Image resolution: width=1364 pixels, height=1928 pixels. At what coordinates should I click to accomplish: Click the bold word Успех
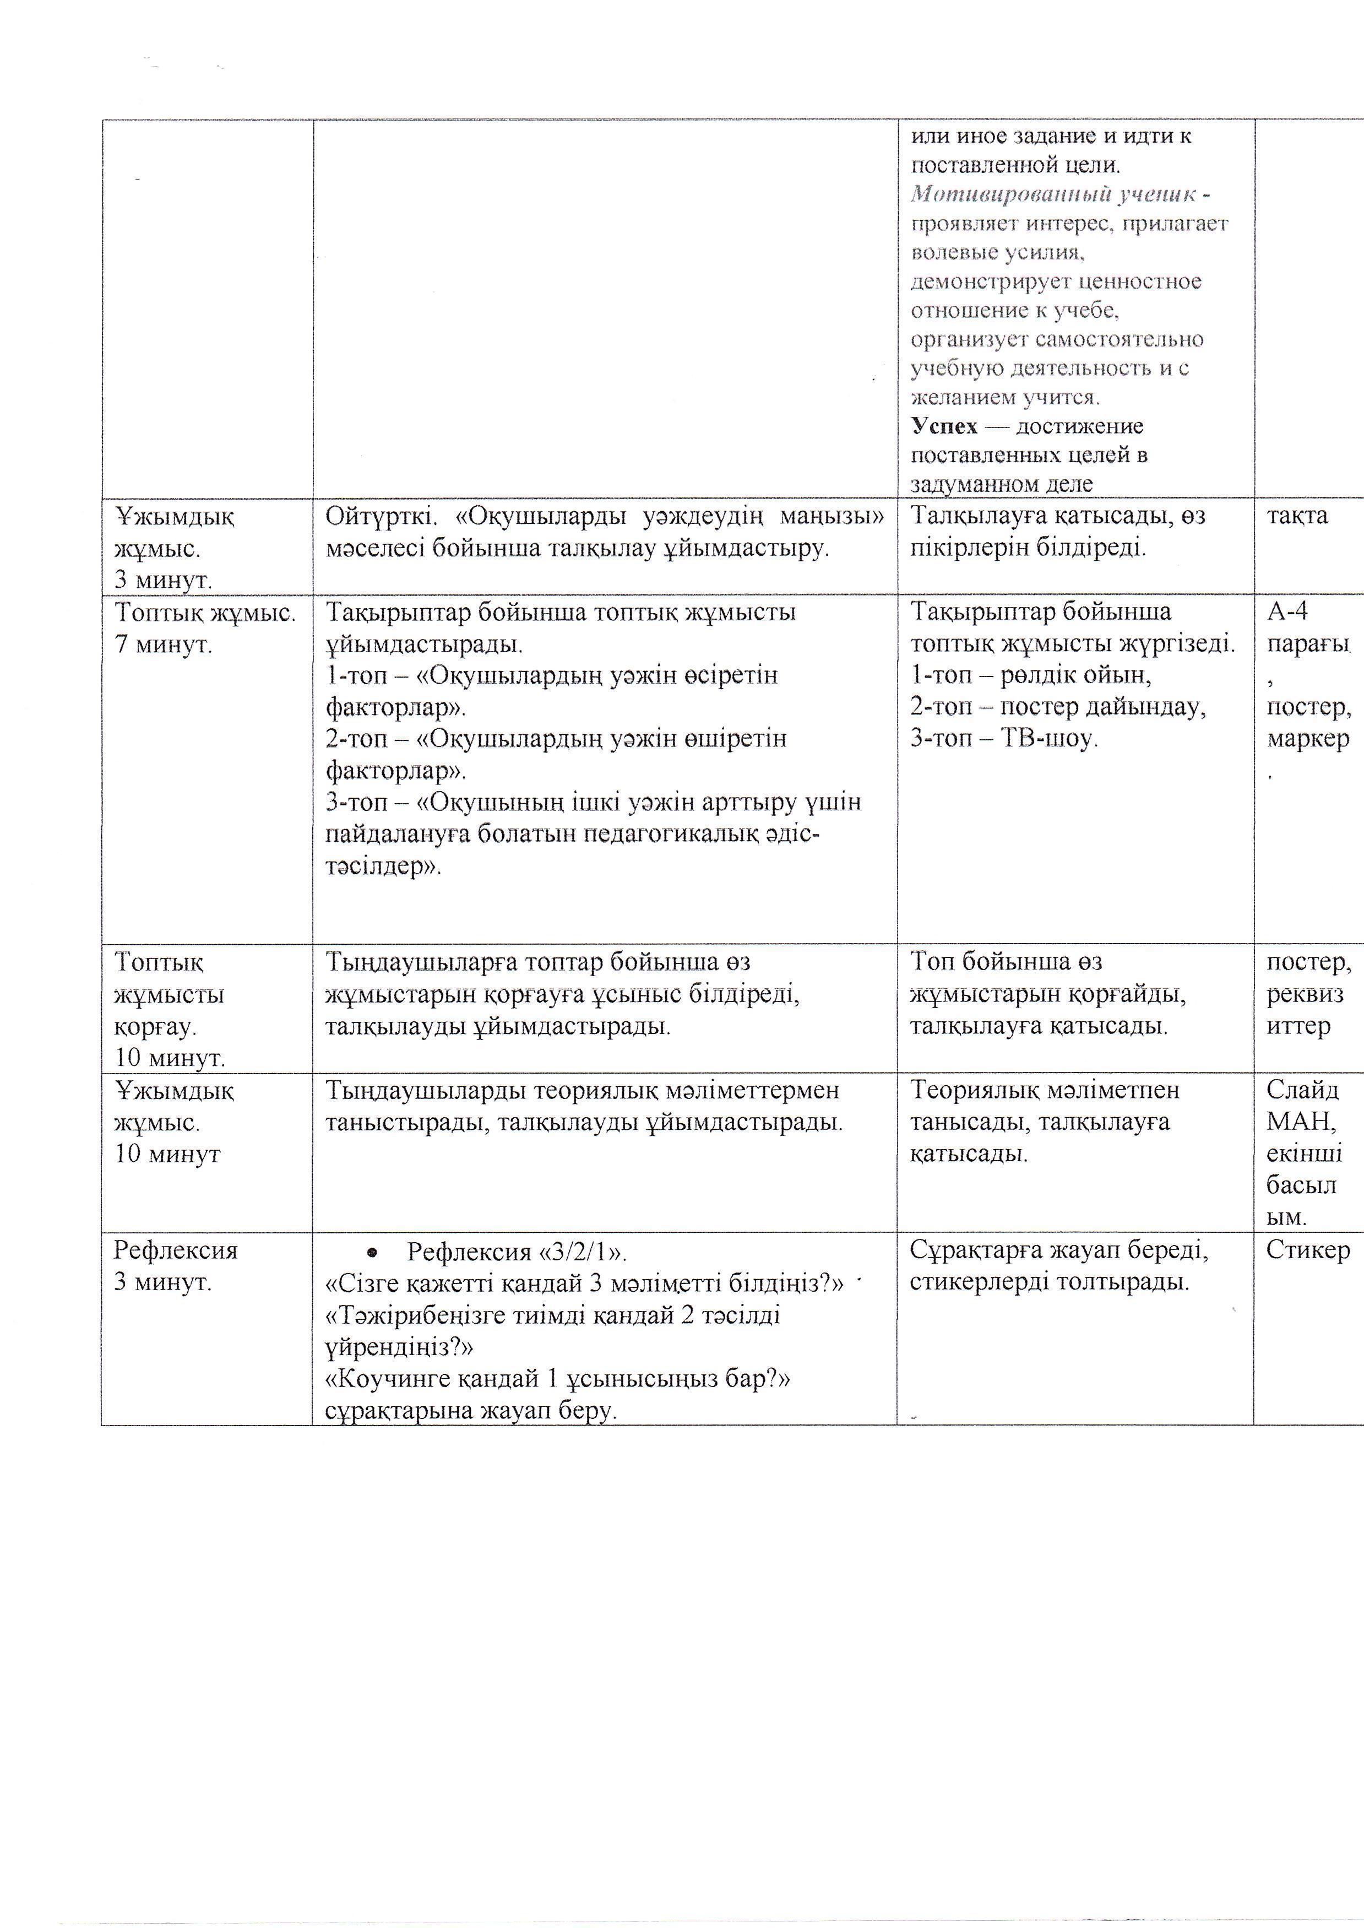coord(944,427)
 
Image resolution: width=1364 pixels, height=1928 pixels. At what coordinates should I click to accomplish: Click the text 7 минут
coord(164,645)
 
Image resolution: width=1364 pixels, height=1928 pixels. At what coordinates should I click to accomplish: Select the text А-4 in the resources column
coord(1287,611)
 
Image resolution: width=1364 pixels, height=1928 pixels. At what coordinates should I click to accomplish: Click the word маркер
coord(1307,739)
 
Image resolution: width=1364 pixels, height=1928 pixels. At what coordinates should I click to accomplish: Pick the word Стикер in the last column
coord(1307,1251)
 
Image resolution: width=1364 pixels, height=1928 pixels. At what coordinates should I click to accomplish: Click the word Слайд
coord(1302,1091)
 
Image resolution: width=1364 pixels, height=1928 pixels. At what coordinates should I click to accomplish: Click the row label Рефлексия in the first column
coord(176,1251)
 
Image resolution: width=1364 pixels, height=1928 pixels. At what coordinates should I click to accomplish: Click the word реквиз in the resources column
coord(1305,995)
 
